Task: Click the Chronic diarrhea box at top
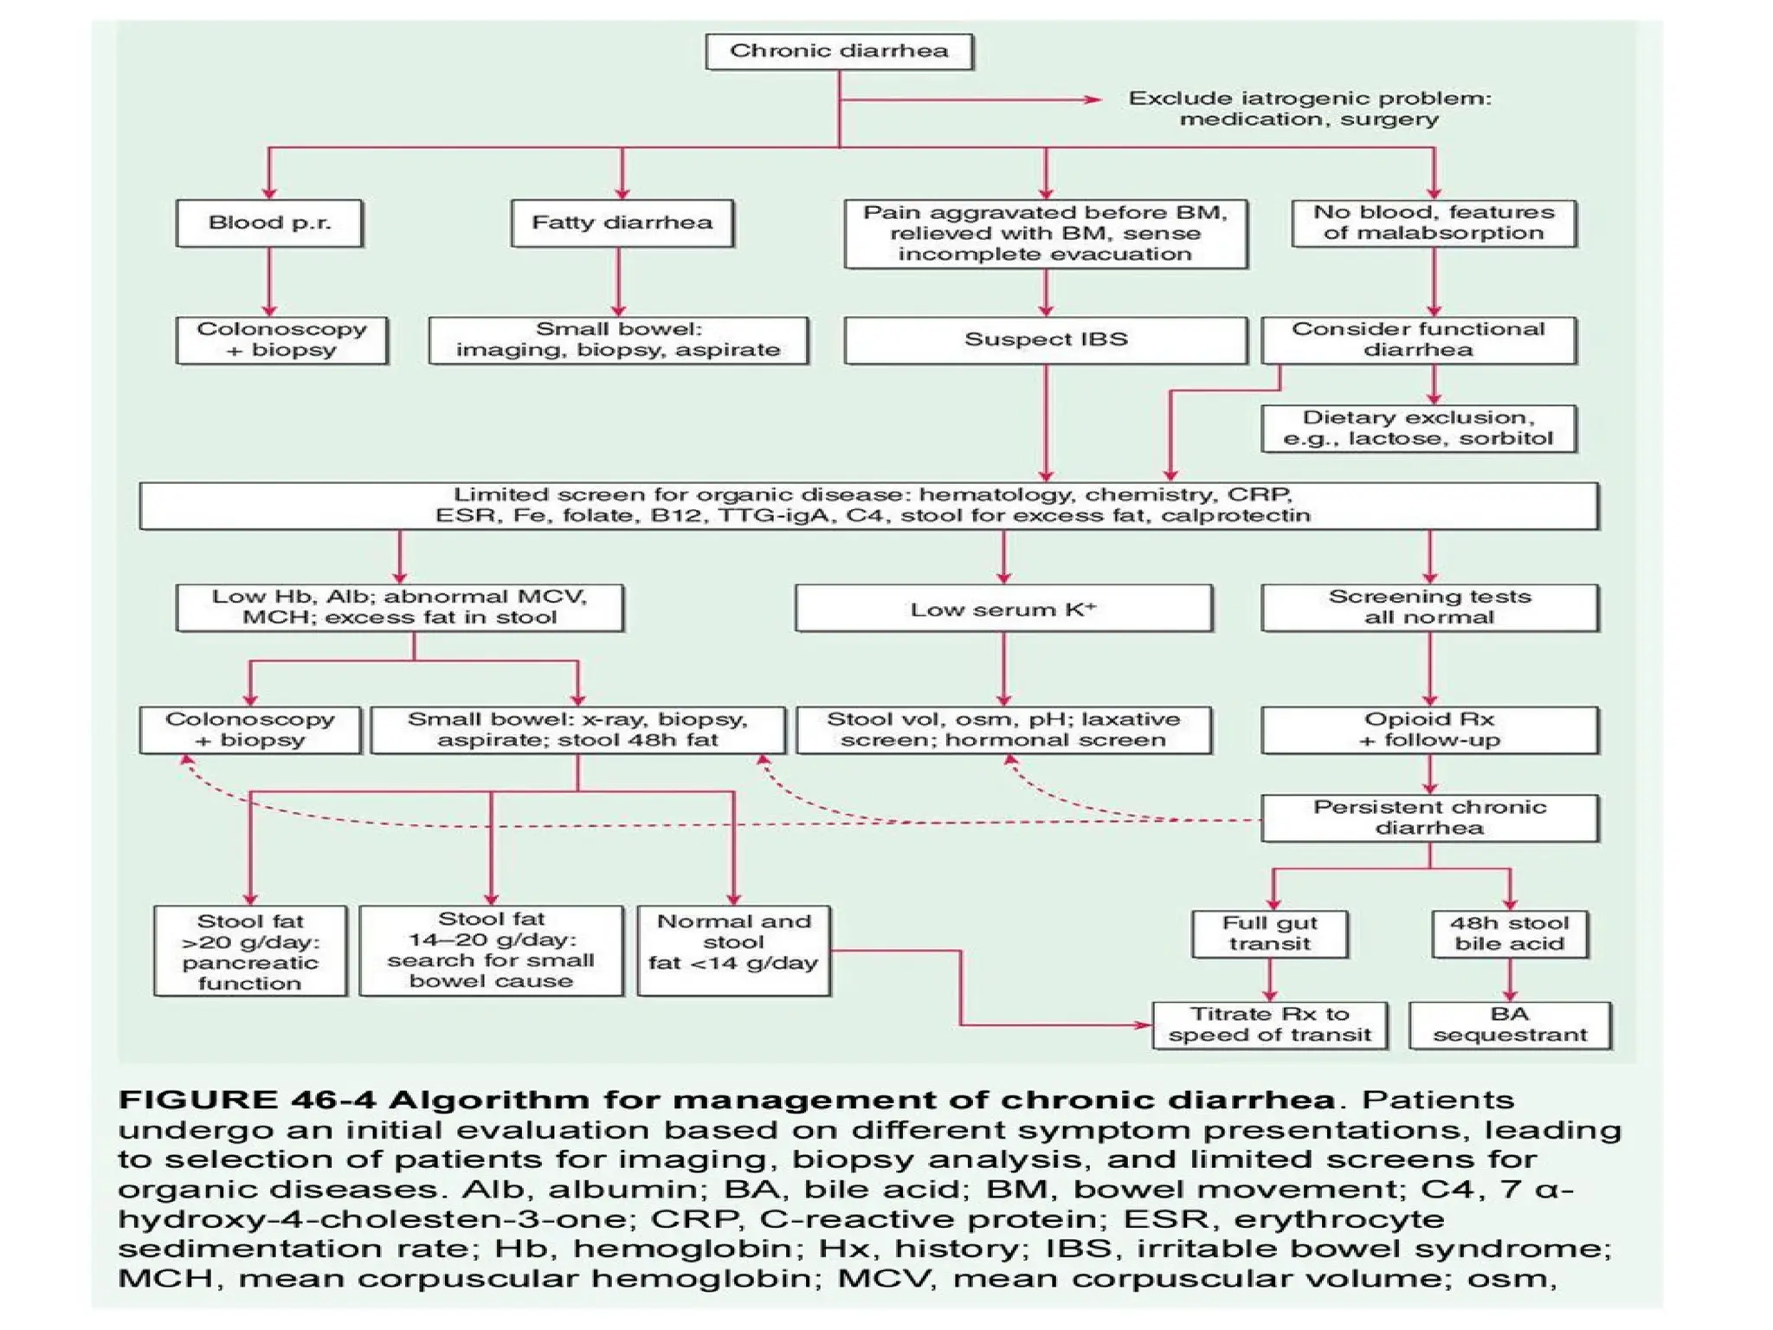coord(839,51)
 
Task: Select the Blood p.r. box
coord(269,223)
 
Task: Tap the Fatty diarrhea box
coord(622,223)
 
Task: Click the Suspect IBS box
coord(1045,339)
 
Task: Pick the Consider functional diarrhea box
coord(1418,339)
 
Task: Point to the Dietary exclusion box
coord(1418,428)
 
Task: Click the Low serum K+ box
coord(1003,609)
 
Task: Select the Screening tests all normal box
coord(1429,607)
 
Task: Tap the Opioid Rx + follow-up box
coord(1429,730)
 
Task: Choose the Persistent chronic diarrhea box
coord(1429,817)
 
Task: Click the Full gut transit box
coord(1269,933)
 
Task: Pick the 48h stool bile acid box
coord(1509,933)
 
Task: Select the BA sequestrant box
coord(1509,1025)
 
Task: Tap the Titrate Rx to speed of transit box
coord(1269,1025)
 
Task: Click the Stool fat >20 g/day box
coord(250,952)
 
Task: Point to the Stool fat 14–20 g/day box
coord(491,950)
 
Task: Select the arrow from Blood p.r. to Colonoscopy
coord(269,281)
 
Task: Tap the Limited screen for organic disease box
coord(868,506)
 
